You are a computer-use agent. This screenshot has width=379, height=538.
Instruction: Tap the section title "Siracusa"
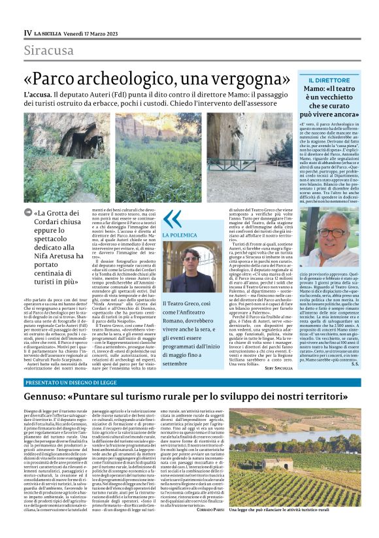[49, 50]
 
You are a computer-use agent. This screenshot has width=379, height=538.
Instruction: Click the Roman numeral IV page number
[27, 32]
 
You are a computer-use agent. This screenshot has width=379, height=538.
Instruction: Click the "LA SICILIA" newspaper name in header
[50, 33]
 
